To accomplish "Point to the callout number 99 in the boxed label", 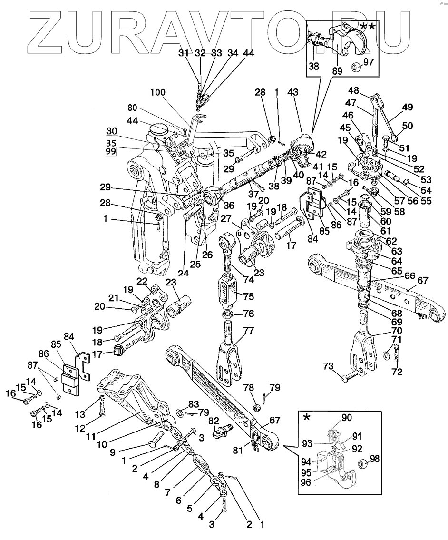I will pyautogui.click(x=111, y=152).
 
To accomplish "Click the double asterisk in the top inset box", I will pyautogui.click(x=368, y=27).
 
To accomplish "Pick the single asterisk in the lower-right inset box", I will pyautogui.click(x=307, y=417).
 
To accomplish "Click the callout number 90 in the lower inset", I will pyautogui.click(x=347, y=417).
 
